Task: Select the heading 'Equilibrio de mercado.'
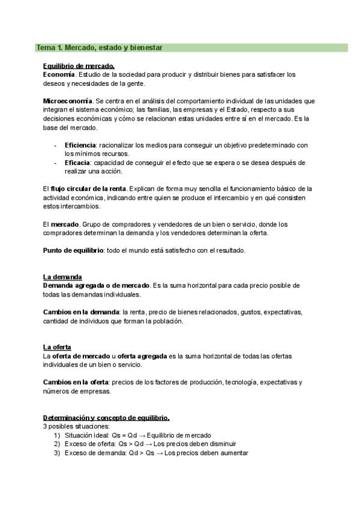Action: (79, 66)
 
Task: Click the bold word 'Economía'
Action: (59, 74)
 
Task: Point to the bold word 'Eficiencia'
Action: (80, 145)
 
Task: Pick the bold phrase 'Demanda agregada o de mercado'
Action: (96, 285)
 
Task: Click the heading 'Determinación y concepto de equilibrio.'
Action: (106, 418)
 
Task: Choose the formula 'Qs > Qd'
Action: (131, 444)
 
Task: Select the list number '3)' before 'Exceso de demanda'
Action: (58, 453)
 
